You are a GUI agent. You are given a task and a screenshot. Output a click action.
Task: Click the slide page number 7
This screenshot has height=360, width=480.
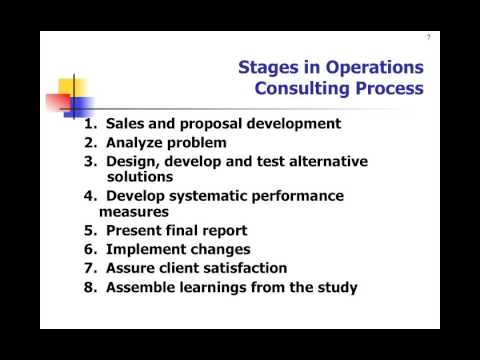coord(429,38)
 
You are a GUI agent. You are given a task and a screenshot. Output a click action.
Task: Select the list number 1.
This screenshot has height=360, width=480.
coord(89,124)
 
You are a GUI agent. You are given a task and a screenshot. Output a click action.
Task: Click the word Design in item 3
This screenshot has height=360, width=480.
coord(137,160)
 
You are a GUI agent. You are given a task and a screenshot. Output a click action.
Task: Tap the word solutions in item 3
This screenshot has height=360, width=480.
coord(136,176)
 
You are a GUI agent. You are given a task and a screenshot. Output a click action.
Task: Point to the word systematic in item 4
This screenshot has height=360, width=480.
coord(214,195)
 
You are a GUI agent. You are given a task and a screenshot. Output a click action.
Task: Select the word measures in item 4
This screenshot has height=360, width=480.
coord(134,212)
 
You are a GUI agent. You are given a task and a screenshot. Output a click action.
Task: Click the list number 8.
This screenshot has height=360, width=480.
coord(89,288)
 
